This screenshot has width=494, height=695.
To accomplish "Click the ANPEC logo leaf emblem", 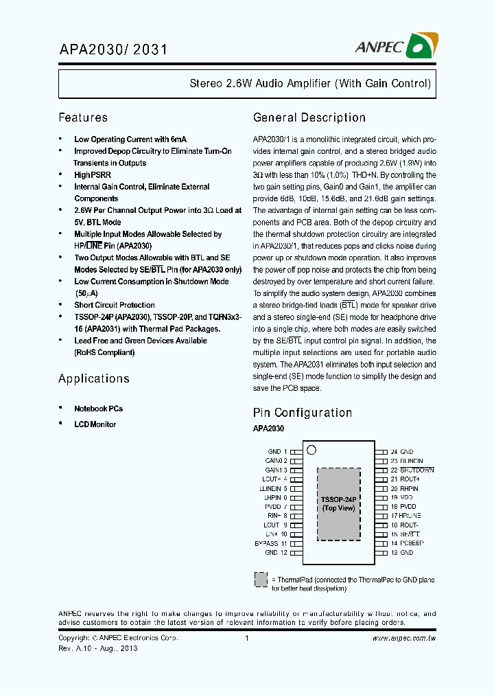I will [421, 46].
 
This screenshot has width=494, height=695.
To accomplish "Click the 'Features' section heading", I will [83, 117].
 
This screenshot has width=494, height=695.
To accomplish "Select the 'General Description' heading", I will [309, 117].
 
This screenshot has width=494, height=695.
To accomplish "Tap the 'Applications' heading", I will [93, 378].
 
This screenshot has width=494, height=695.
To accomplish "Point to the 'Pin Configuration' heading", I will [303, 413].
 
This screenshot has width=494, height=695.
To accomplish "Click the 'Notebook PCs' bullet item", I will [98, 409].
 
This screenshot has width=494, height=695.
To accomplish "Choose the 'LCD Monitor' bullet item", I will [95, 424].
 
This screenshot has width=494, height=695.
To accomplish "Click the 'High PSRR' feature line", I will [93, 175].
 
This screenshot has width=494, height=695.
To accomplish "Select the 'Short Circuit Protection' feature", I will [114, 305].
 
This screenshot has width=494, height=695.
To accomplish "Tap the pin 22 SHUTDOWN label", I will [412, 470].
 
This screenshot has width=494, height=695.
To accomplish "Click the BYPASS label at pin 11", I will [270, 543].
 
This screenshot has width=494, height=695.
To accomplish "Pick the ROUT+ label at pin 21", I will [408, 479].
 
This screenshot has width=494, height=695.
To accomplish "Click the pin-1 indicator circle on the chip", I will [311, 451].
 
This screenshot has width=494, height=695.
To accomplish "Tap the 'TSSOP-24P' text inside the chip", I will [338, 500].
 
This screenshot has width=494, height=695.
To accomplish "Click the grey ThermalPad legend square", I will [261, 579].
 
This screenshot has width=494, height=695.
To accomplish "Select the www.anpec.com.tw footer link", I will [404, 639].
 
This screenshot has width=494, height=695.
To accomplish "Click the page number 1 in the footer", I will [246, 639].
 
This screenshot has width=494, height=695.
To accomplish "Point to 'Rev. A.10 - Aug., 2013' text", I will [97, 649].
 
